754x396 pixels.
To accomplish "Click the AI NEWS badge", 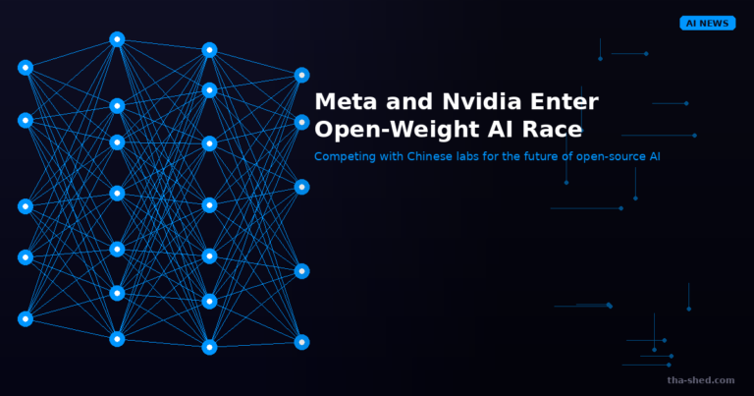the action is point(707,24).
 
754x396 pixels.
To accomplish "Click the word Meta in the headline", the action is point(346,101).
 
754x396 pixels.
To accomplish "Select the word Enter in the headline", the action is point(565,101).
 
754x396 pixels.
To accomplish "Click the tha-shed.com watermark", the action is point(701,380).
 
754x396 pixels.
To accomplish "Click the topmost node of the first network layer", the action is point(26,68).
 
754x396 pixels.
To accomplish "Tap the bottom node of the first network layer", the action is point(26,318).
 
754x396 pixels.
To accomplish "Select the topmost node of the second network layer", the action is point(117,39).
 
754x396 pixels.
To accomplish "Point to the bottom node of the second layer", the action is point(117,339).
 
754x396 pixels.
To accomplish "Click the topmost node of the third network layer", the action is point(209,50).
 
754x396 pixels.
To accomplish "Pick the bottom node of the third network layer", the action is point(209,347).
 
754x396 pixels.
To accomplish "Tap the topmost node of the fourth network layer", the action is point(301,75).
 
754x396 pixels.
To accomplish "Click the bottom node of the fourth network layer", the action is point(301,342).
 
